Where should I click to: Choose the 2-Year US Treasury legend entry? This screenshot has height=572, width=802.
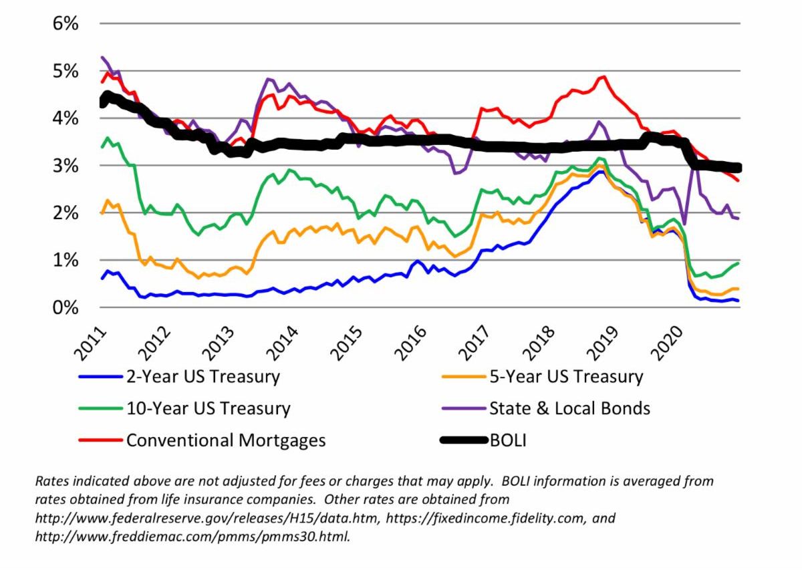[203, 377]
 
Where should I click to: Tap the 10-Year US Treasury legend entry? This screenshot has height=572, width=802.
[208, 408]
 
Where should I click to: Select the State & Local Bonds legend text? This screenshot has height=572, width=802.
[569, 408]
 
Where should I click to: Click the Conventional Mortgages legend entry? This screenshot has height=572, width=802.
[226, 440]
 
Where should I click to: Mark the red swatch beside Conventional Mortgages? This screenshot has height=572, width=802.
[100, 440]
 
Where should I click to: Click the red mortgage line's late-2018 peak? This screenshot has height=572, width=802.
[604, 77]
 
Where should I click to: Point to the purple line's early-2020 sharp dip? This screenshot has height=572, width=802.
[684, 224]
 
